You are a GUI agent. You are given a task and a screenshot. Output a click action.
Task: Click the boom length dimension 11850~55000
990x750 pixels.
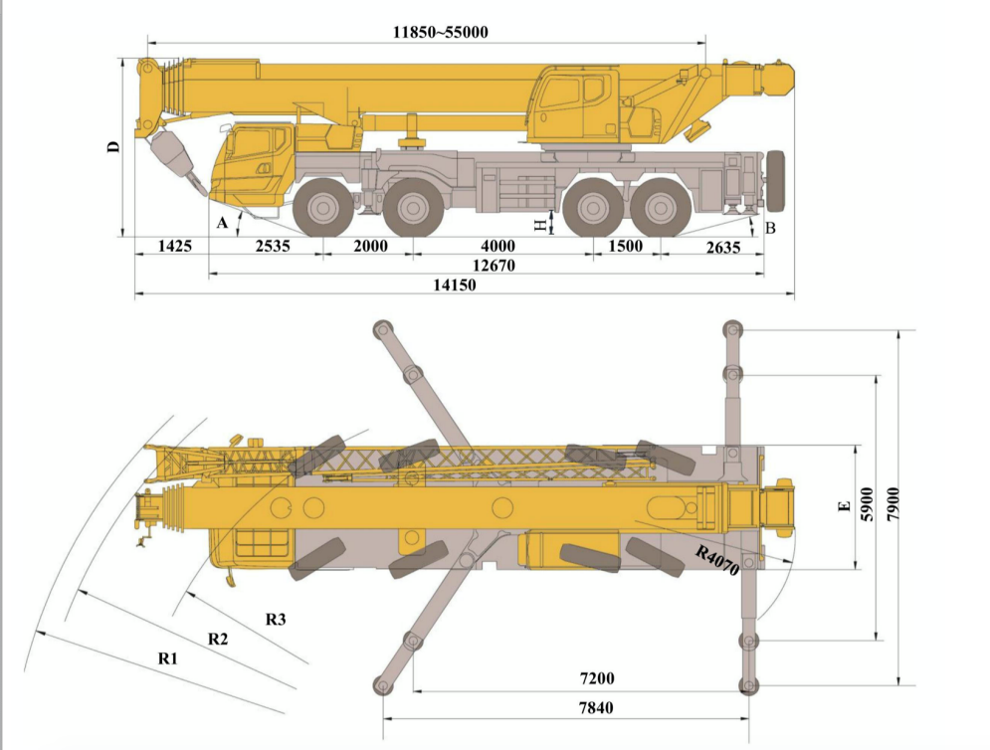(x=440, y=32)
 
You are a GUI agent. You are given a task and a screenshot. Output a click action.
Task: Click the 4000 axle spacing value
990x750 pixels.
(x=498, y=246)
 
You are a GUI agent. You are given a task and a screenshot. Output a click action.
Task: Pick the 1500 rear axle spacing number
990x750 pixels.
(x=625, y=246)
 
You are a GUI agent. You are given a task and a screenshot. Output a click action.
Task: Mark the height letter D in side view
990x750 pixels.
(x=114, y=147)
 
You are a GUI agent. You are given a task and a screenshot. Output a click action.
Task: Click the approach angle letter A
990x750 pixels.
(x=223, y=223)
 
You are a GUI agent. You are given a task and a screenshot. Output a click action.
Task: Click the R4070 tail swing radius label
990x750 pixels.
(x=717, y=563)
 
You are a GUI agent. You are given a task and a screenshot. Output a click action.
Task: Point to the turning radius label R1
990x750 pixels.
(x=167, y=658)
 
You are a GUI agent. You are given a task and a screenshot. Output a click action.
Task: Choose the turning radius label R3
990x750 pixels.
(x=276, y=619)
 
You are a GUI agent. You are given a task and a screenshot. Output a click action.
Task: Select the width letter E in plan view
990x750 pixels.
(x=845, y=508)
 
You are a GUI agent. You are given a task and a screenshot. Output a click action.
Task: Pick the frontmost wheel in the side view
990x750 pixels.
(x=323, y=208)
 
